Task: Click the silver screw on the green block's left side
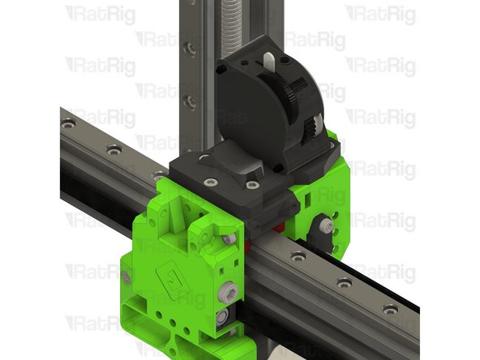127,278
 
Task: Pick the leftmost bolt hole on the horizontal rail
68,124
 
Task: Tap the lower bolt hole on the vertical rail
189,101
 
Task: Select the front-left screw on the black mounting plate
210,182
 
